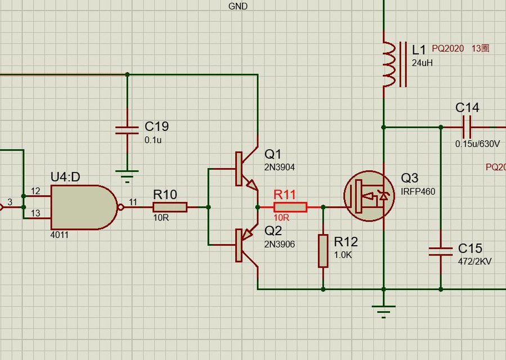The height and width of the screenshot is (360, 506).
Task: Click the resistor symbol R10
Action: (x=169, y=208)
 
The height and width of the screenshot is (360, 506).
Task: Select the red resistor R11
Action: (x=290, y=207)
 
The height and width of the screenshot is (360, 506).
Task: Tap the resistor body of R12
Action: (x=323, y=251)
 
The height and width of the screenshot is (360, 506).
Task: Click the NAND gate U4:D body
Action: (x=82, y=208)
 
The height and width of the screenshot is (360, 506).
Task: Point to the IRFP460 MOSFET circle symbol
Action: (x=369, y=196)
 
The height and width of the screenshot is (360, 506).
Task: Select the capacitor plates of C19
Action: (x=127, y=130)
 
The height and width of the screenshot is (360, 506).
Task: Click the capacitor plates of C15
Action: (x=441, y=251)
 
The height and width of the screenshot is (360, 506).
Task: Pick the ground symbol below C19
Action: (x=128, y=176)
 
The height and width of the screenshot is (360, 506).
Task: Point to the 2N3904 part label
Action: (x=280, y=167)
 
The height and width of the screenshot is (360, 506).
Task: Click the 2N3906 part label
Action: (x=280, y=244)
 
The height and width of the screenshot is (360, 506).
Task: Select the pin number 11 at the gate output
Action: (x=133, y=201)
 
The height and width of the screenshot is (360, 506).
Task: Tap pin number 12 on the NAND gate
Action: (x=35, y=192)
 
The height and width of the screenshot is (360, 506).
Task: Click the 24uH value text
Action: (x=422, y=63)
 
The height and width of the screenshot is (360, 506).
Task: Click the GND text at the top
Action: (x=238, y=6)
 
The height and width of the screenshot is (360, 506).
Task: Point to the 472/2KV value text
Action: (x=475, y=261)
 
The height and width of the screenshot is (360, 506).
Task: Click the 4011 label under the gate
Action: (x=59, y=235)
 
